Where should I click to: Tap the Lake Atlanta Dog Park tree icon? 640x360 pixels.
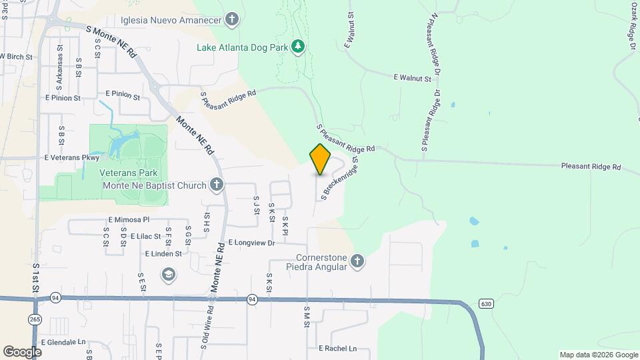[x=299, y=47]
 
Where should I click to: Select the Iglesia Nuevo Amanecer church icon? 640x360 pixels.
[x=232, y=19]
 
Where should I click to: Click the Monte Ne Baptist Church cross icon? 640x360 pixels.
[x=216, y=184]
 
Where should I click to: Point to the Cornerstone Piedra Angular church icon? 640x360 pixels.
[x=357, y=261]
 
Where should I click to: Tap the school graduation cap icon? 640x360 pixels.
[x=168, y=274]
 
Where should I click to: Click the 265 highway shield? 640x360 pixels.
[x=35, y=319]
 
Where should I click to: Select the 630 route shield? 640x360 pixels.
[x=486, y=304]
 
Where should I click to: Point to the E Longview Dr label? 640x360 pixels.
[x=251, y=243]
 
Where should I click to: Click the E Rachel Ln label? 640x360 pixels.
[x=337, y=349]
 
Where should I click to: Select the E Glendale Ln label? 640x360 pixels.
[x=64, y=342]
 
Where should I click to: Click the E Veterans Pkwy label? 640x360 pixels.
[x=71, y=158]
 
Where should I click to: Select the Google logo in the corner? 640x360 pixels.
[x=22, y=351]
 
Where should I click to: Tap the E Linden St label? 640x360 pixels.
[x=163, y=254]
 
